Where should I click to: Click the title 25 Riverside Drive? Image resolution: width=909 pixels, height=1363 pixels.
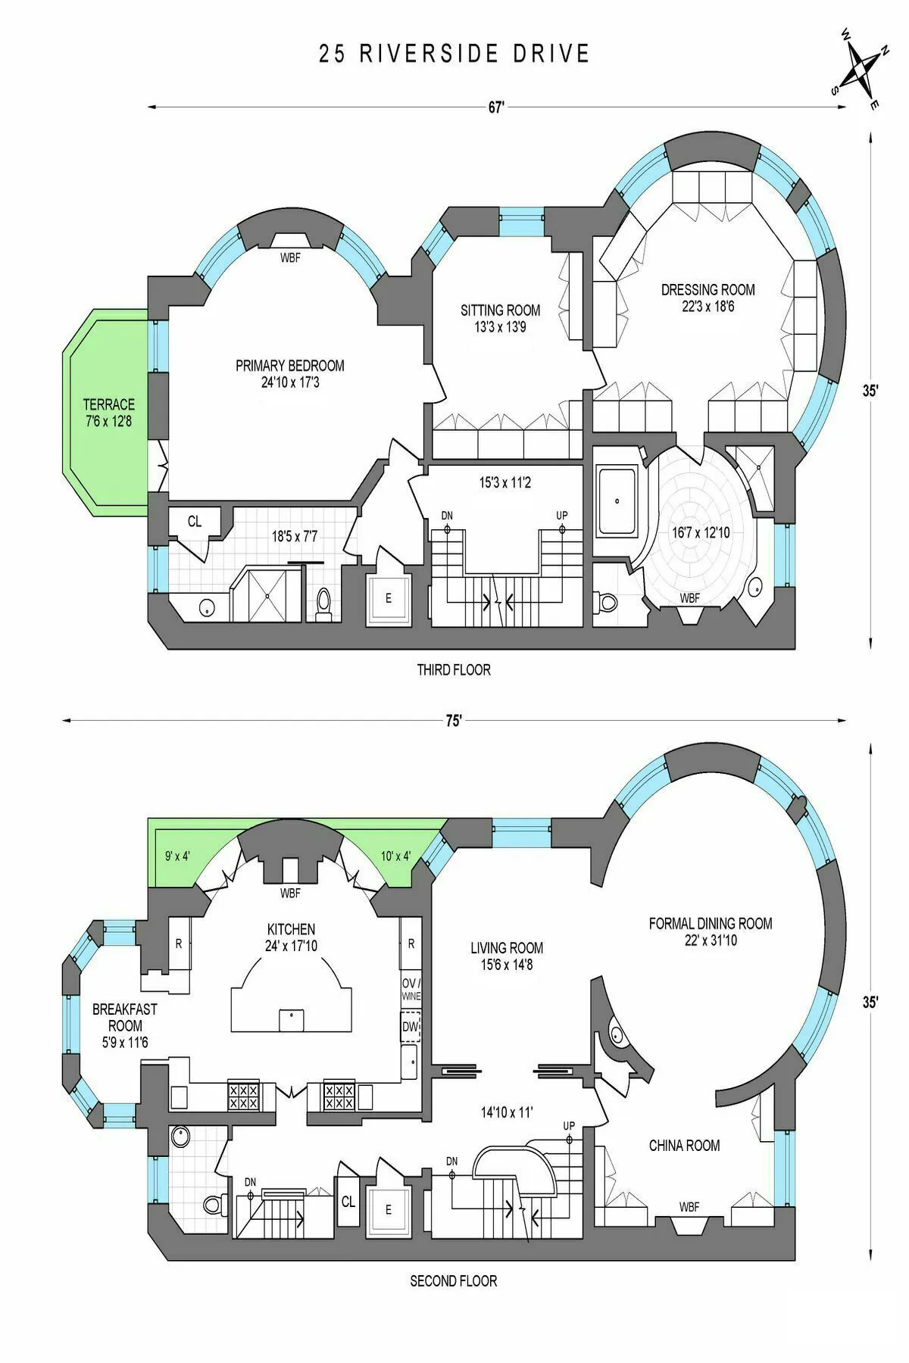454,54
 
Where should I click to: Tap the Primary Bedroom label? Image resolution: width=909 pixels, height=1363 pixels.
289,366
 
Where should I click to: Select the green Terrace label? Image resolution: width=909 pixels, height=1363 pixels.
108,404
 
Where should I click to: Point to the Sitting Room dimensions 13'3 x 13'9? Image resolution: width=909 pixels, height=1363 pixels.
500,327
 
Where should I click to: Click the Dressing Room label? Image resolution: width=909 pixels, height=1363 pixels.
708,289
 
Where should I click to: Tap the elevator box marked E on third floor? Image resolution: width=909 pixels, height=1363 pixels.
389,598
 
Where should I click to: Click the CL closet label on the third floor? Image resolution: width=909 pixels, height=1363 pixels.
195,522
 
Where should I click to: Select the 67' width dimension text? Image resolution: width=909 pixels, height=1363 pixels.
496,108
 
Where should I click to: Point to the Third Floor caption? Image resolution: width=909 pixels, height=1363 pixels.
454,669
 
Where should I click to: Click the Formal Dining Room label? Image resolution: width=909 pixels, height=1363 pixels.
710,923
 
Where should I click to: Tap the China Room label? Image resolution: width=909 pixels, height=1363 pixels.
684,1146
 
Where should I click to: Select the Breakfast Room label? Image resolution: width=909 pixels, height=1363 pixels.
124,1017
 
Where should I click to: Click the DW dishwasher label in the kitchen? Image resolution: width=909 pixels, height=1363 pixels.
410,1028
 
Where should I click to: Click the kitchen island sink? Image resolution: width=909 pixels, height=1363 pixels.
292,1019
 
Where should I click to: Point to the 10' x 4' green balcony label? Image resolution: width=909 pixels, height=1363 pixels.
395,856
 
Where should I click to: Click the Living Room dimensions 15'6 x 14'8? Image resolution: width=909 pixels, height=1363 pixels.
506,965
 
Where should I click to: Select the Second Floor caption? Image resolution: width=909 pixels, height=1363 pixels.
453,1281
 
